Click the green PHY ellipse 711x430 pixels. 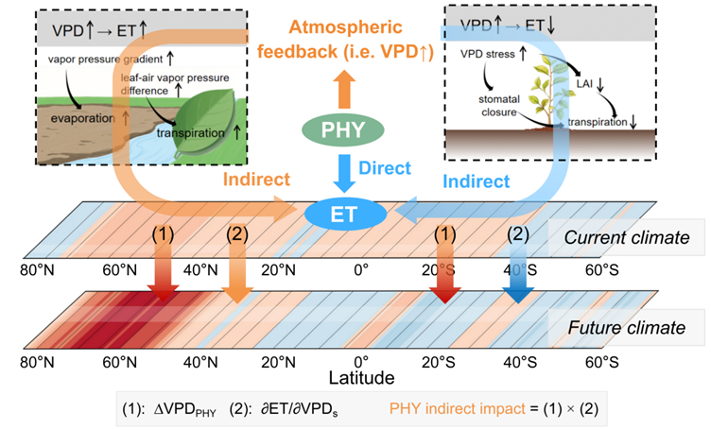(x=343, y=130)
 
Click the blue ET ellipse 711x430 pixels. (x=345, y=214)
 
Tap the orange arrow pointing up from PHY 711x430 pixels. (x=344, y=89)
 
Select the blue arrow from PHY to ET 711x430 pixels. (x=344, y=173)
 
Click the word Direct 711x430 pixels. (x=385, y=168)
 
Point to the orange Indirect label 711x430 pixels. (x=256, y=180)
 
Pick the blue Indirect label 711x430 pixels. (x=477, y=181)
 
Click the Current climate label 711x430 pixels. (x=627, y=237)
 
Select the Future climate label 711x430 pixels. (x=627, y=328)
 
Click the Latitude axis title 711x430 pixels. (x=361, y=377)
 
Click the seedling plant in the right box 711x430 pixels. (x=548, y=94)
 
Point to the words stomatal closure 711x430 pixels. (x=499, y=106)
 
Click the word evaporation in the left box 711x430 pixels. (x=82, y=119)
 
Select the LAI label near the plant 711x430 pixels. (x=584, y=83)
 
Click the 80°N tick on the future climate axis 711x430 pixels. (x=37, y=363)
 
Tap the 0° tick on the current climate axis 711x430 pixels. (x=361, y=270)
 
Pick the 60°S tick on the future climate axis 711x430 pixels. (x=601, y=363)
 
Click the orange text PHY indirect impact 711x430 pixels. (x=457, y=408)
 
